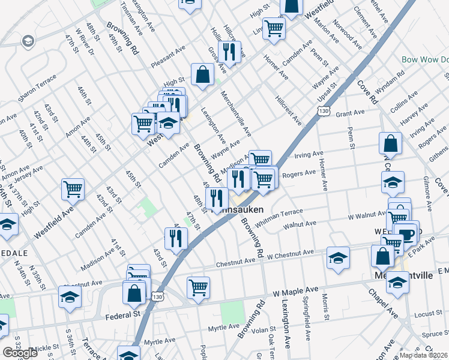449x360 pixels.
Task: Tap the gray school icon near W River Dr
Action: click(27, 41)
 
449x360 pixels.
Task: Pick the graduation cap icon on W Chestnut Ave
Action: click(339, 258)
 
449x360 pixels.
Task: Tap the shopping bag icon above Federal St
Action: click(134, 293)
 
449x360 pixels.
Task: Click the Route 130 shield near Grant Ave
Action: click(324, 112)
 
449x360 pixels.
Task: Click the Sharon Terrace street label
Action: click(37, 88)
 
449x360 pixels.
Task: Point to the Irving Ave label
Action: click(309, 155)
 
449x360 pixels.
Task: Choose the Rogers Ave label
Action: click(298, 173)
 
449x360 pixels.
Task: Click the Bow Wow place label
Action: click(425, 60)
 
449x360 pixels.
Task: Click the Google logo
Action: click(20, 353)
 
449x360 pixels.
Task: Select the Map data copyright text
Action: click(423, 355)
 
